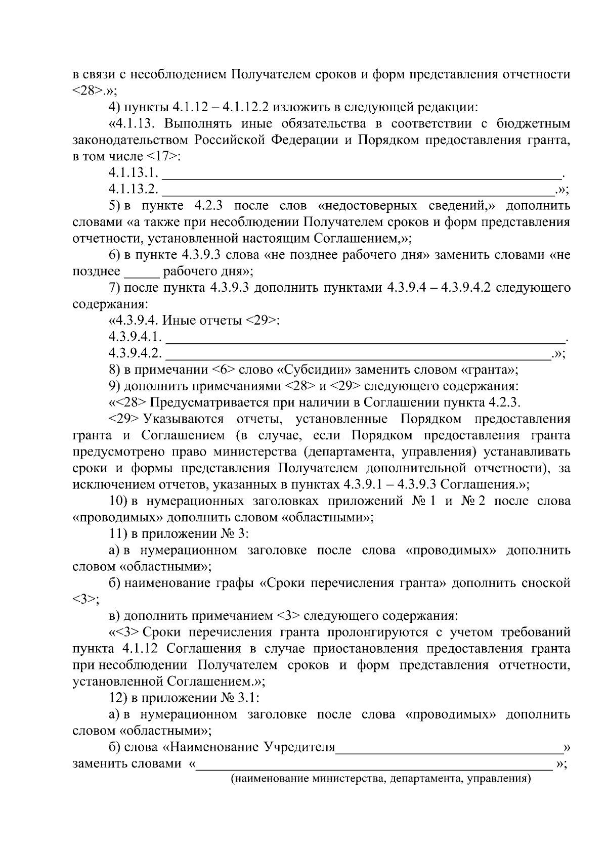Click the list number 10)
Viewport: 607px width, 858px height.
[x=119, y=502]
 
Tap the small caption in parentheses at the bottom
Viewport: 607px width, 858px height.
[x=381, y=779]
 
